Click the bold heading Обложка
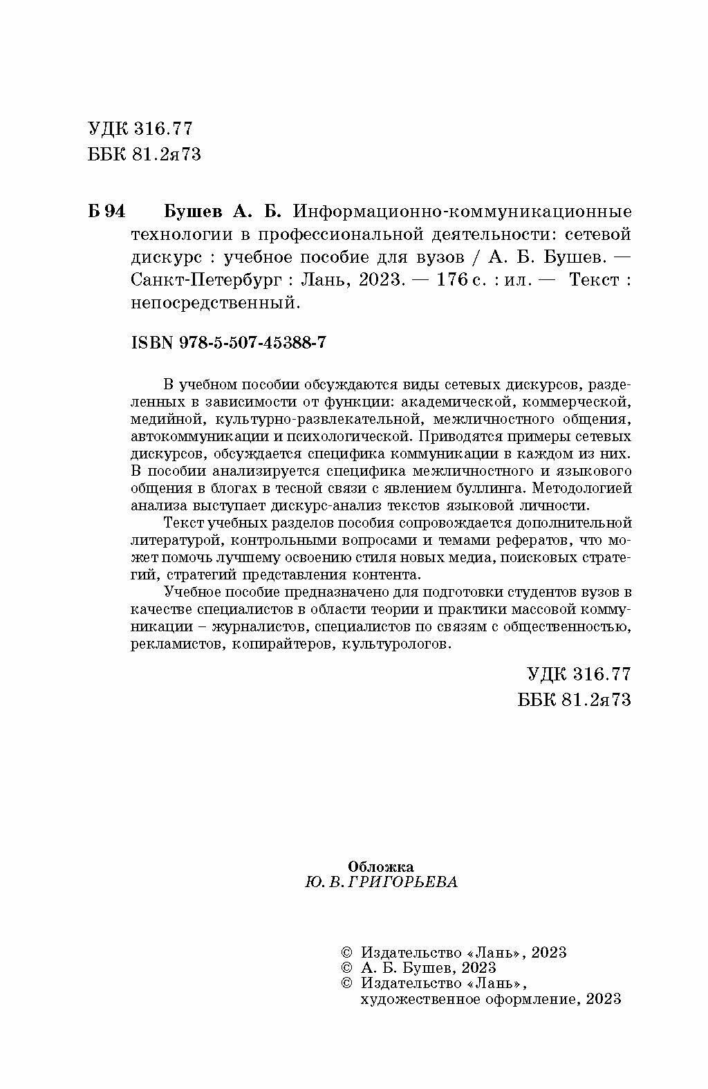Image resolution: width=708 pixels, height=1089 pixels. coord(381,866)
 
